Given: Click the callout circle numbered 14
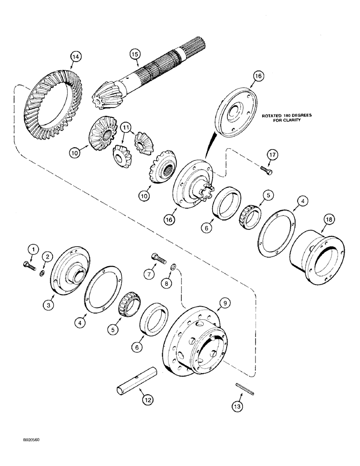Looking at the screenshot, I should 76,57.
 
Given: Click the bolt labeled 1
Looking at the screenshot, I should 28,265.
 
